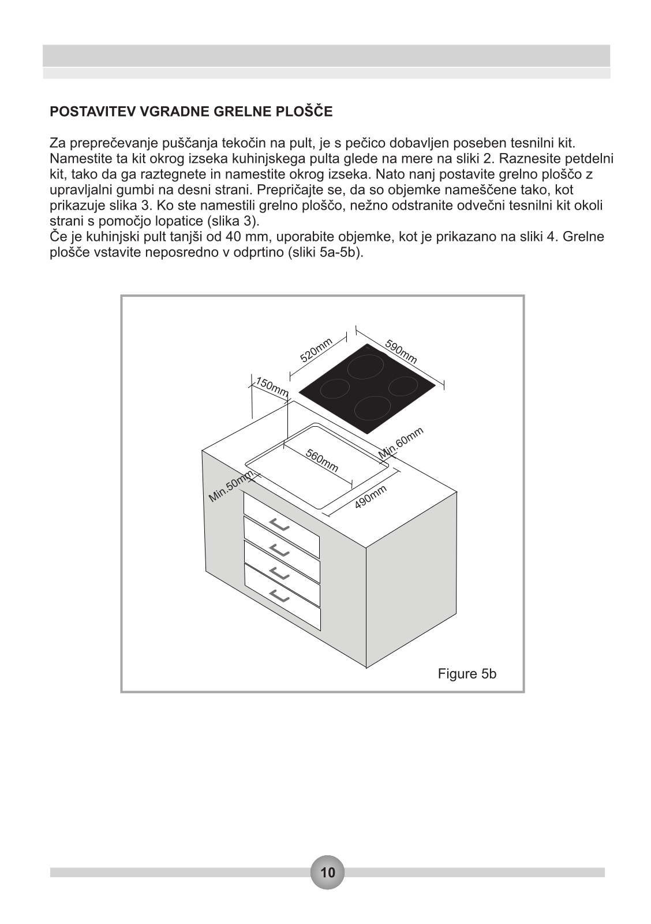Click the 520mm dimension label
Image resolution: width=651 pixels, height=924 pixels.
[316, 350]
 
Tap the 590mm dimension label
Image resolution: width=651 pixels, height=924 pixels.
[401, 353]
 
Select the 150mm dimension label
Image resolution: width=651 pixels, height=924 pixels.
[272, 388]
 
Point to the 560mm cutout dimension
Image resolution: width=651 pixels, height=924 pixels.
[322, 460]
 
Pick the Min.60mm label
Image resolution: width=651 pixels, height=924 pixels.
[401, 443]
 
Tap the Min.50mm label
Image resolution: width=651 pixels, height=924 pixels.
[231, 486]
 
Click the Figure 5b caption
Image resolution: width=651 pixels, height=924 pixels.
[467, 674]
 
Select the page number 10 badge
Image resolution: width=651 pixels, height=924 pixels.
[327, 872]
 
